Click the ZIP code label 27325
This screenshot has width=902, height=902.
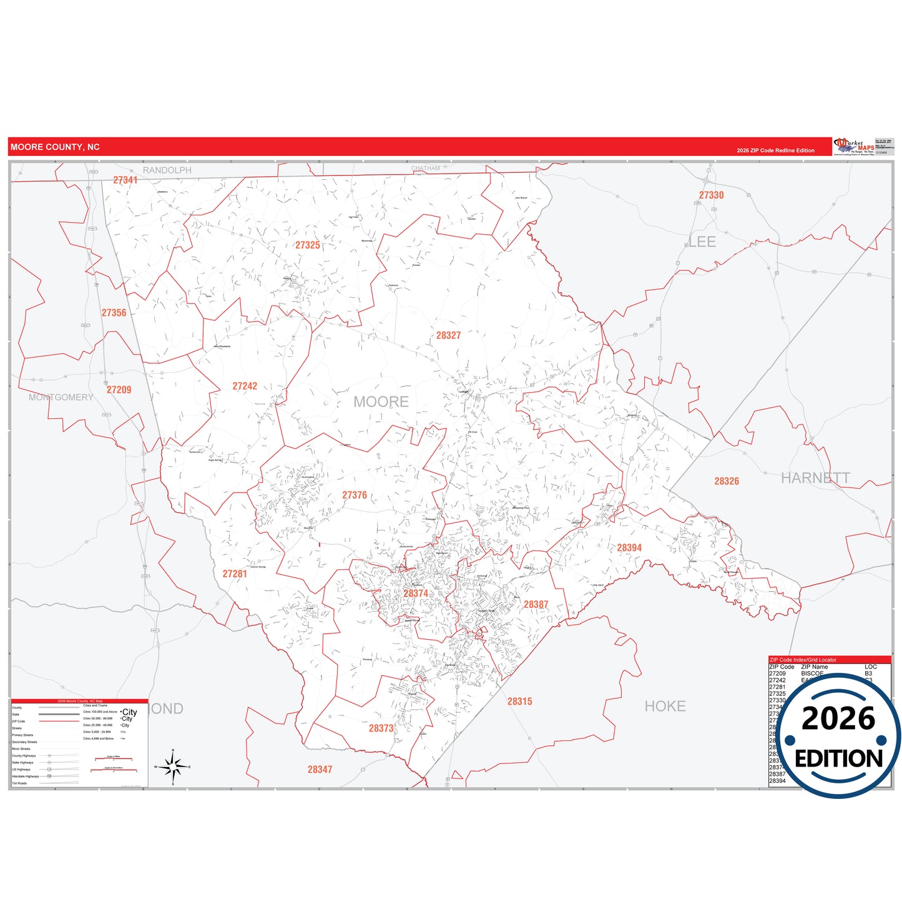click(308, 245)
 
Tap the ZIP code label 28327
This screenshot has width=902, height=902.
click(448, 336)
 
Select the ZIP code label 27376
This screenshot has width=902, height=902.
click(355, 496)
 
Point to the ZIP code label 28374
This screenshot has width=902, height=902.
click(416, 594)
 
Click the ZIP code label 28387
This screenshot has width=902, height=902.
click(536, 605)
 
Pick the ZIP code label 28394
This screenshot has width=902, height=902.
click(629, 548)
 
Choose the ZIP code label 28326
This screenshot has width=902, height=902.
click(727, 481)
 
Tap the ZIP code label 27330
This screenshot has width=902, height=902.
click(711, 195)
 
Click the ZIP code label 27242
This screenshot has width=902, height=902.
click(245, 386)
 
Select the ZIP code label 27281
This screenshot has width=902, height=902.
click(235, 574)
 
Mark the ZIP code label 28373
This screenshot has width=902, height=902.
click(381, 728)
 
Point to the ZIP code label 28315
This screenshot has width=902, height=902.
click(519, 702)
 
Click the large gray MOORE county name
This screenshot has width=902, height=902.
click(381, 402)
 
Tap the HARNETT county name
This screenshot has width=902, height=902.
click(815, 478)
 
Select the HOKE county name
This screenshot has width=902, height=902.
click(665, 706)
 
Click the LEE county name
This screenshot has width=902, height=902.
click(702, 242)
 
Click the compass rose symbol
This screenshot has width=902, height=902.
click(173, 767)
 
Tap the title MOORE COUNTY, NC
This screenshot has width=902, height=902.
click(55, 147)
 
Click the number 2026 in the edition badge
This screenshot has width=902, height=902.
click(838, 718)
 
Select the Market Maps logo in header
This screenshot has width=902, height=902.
click(853, 146)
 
